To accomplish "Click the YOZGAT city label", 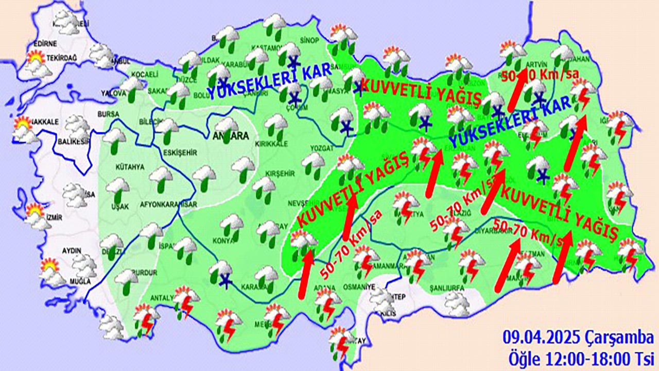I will click(x=322, y=147).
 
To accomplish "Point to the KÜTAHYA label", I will click(x=130, y=167).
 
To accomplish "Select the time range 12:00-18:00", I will click(x=583, y=357).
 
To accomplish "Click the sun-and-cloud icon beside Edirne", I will click(x=36, y=60).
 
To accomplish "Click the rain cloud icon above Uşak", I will click(x=117, y=188).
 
